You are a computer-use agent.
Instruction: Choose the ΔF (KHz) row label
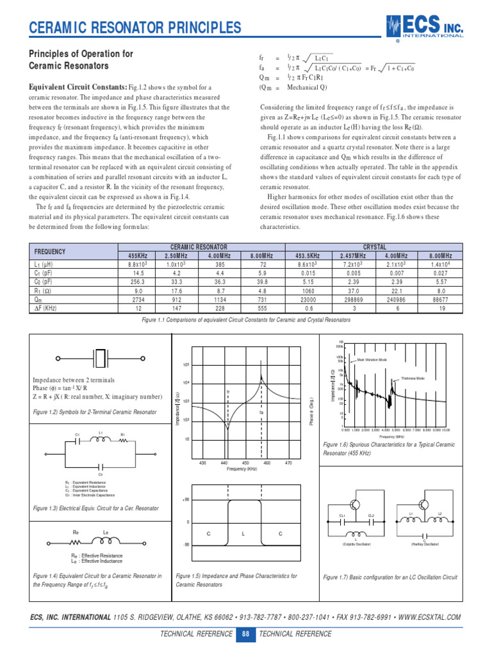[x=47, y=308]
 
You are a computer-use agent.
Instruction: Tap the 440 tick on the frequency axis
[x=224, y=463]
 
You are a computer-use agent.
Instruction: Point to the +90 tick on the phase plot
[x=186, y=500]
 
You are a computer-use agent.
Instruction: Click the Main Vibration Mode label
[x=372, y=361]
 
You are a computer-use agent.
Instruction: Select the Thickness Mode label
[x=413, y=379]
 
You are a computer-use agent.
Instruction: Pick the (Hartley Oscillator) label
[x=425, y=543]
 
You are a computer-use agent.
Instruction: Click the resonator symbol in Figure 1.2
[x=102, y=357]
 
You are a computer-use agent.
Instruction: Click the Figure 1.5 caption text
[x=236, y=580]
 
